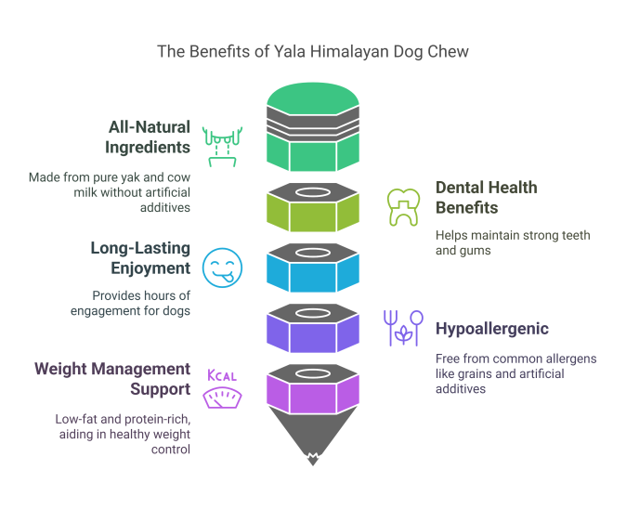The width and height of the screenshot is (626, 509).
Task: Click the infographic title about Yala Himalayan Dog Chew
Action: (x=313, y=52)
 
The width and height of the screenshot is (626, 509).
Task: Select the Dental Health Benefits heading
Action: (x=486, y=197)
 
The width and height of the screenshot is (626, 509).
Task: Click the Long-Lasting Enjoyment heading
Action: (x=140, y=257)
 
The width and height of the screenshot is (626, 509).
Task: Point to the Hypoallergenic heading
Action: (x=491, y=329)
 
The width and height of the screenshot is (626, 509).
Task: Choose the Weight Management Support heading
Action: (x=112, y=378)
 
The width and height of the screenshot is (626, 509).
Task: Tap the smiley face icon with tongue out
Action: (x=222, y=268)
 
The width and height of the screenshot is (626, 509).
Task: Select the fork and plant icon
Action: (x=403, y=328)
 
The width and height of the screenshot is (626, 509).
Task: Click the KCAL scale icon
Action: (x=222, y=388)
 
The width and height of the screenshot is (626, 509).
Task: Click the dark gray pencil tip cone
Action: (x=313, y=437)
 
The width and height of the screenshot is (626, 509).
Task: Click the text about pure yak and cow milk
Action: (x=110, y=192)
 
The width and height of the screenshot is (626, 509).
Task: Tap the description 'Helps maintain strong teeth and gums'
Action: (x=513, y=242)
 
